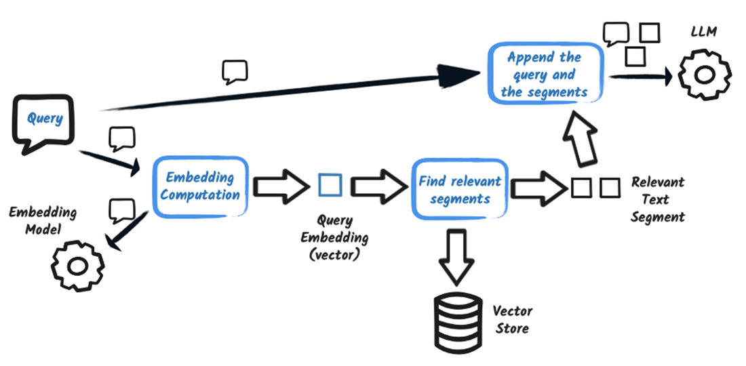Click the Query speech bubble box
click(45, 121)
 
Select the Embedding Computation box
click(201, 186)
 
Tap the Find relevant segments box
click(460, 189)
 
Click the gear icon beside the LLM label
click(705, 76)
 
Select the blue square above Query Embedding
click(330, 184)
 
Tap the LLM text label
click(704, 32)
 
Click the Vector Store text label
click(512, 319)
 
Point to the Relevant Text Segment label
click(657, 199)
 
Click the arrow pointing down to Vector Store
click(456, 257)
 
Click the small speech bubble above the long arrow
click(235, 70)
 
